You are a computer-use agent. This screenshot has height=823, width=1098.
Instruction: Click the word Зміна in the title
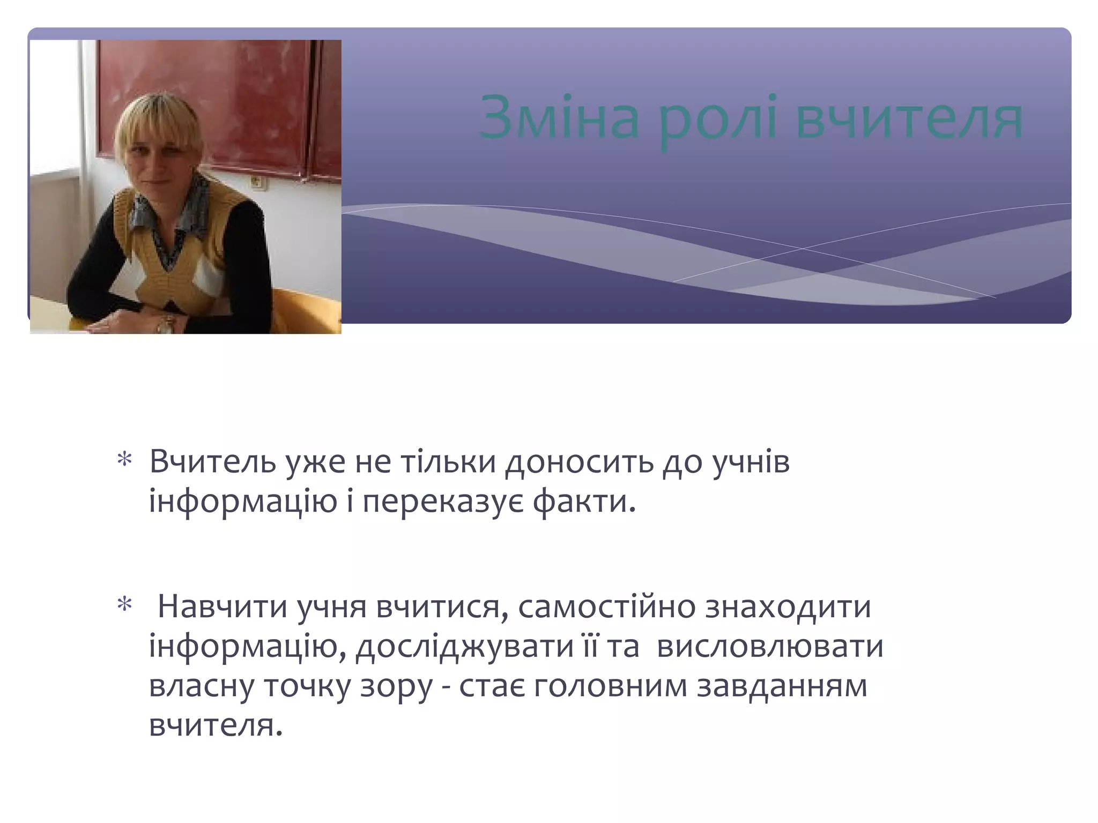(x=560, y=119)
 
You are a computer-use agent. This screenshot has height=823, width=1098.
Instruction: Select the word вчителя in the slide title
(x=910, y=119)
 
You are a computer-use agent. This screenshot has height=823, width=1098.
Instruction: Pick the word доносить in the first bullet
(x=579, y=461)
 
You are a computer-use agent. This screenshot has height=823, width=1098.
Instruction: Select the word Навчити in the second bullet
(x=222, y=607)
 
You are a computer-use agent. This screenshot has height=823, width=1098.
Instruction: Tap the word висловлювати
(x=770, y=647)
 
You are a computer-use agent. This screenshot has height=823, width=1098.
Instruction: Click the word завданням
(x=782, y=686)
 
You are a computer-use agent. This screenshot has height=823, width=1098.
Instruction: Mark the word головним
(x=611, y=686)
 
